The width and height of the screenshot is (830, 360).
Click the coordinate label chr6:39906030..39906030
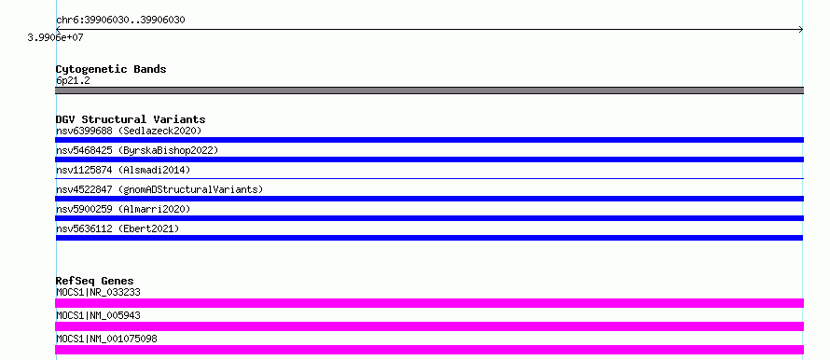[120, 21]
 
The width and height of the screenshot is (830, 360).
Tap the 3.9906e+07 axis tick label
[56, 37]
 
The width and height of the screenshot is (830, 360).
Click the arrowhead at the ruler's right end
[800, 30]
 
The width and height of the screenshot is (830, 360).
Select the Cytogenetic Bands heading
[111, 69]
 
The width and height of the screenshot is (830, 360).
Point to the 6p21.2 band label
[73, 81]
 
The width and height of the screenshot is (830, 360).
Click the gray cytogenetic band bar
[429, 90]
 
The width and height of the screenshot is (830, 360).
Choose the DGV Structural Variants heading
[131, 119]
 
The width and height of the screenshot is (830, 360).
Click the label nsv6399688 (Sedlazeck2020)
[129, 131]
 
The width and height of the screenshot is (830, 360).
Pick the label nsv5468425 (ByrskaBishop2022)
[137, 150]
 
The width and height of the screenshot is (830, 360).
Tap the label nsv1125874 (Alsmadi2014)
[123, 170]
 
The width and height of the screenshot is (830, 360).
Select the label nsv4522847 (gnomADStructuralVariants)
[159, 189]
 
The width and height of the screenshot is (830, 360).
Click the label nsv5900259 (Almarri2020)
[123, 209]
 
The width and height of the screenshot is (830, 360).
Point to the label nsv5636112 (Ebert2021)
[118, 228]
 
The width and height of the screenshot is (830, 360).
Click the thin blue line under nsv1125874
[429, 179]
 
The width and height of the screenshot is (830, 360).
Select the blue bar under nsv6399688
[429, 140]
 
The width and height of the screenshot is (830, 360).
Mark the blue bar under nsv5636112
[429, 238]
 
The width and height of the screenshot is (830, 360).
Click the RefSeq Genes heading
[95, 281]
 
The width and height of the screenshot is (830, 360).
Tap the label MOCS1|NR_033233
[99, 292]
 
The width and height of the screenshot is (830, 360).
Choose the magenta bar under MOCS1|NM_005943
[429, 326]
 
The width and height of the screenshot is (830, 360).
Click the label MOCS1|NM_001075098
[106, 339]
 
